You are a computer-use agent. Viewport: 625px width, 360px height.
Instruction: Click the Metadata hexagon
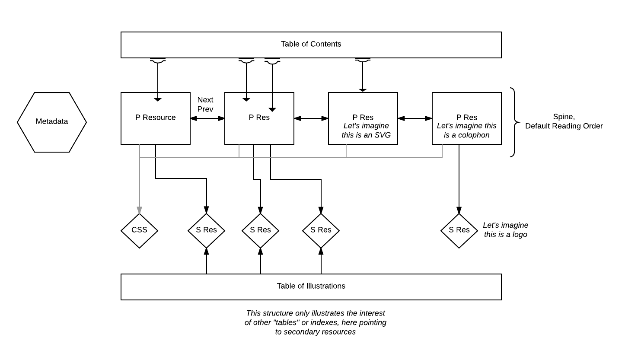[x=52, y=122]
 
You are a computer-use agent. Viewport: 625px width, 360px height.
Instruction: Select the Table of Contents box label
[x=311, y=44]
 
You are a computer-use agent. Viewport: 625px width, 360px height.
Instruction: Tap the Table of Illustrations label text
[x=311, y=286]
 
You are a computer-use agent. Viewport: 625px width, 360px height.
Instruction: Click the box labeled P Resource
[x=155, y=118]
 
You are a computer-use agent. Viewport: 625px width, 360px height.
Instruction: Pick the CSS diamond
[x=139, y=230]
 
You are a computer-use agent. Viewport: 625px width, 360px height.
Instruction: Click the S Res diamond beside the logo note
[x=459, y=230]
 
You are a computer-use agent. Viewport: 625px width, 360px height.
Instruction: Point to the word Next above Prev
[x=205, y=100]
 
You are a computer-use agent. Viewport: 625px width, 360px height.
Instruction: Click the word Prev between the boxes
[x=205, y=109]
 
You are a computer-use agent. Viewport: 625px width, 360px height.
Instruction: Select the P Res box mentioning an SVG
[x=363, y=118]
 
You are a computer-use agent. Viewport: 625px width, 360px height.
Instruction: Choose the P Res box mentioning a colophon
[x=466, y=118]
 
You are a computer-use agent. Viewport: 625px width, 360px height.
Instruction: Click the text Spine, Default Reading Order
[x=564, y=121]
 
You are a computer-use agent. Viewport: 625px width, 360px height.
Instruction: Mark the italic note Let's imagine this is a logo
[x=505, y=230]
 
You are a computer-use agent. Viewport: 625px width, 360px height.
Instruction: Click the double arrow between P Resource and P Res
[x=207, y=118]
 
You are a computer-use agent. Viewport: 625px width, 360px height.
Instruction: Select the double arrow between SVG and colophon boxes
[x=415, y=118]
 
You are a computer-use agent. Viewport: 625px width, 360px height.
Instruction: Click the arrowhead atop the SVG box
[x=363, y=90]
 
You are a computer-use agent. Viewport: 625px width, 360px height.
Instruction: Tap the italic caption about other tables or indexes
[x=316, y=322]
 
